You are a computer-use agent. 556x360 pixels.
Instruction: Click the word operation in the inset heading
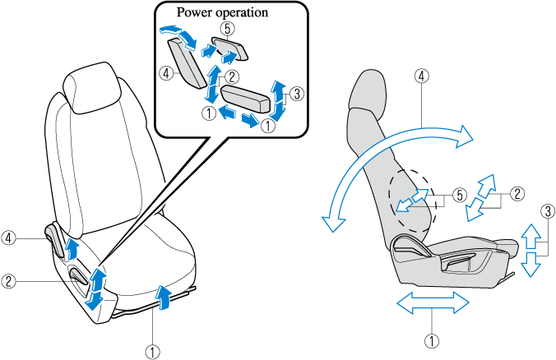pos(244,13)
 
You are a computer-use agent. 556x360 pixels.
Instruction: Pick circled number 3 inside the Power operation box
pos(297,93)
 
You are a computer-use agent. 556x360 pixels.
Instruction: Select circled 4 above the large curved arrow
pos(421,76)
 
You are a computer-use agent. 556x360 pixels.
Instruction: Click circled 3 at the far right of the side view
pos(546,210)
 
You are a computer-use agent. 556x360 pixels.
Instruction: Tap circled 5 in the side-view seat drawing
pos(460,195)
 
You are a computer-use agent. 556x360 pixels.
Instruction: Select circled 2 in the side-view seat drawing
pos(516,195)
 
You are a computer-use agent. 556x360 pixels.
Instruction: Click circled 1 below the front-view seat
pos(152,349)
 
